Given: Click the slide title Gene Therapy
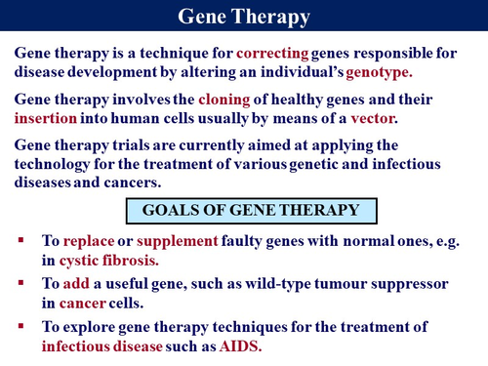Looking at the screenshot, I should click(x=243, y=17).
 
